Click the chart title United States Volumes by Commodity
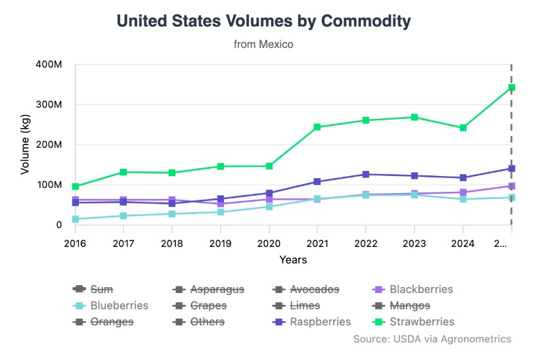[263, 21]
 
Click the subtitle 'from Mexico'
[263, 45]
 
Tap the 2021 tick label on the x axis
[317, 243]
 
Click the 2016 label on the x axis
[76, 243]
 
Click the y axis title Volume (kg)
[26, 145]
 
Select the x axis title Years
[293, 259]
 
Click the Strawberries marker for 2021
[317, 127]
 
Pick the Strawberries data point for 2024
[463, 127]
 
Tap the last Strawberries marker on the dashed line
[511, 87]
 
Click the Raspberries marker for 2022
[366, 174]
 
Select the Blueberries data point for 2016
[76, 219]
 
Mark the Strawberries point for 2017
[124, 172]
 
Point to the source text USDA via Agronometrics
[432, 339]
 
